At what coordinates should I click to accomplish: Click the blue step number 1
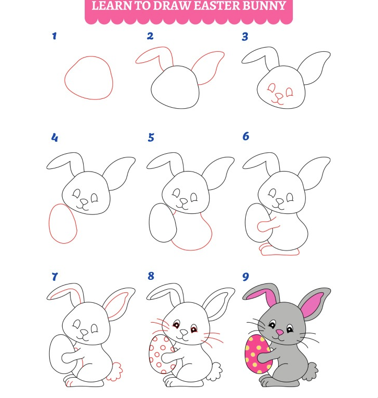pos(54,36)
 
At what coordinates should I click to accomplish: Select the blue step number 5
pos(151,138)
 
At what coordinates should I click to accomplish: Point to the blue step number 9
pos(246,277)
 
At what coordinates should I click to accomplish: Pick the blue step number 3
pos(245,37)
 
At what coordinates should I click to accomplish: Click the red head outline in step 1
pos(64,78)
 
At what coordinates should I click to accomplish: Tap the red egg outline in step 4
pos(49,223)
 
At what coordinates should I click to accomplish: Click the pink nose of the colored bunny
pos(280,332)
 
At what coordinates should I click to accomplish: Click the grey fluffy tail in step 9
pos(312,371)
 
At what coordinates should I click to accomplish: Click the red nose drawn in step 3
pos(279,96)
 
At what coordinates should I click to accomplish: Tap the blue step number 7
pos(54,277)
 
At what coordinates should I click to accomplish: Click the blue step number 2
pos(150,36)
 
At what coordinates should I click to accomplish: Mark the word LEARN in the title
pos(111,6)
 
